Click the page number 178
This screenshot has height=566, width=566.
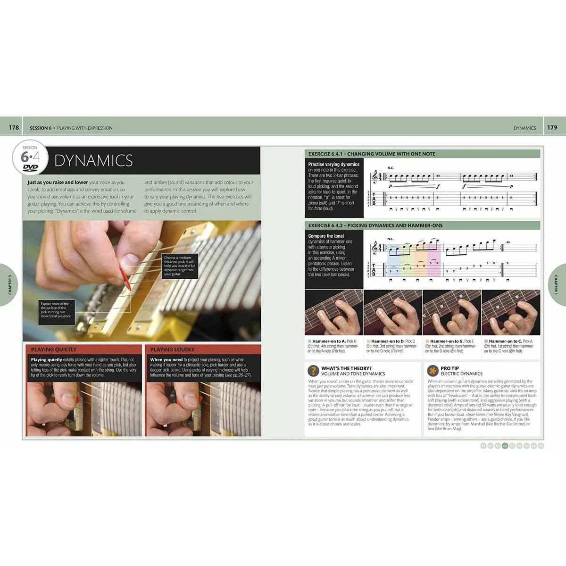14,127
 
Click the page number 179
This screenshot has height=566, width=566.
552,127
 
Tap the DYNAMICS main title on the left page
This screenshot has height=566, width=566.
93,161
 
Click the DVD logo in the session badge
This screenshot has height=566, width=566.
30,167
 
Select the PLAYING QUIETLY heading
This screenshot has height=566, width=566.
53,350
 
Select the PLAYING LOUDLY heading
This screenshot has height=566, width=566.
172,350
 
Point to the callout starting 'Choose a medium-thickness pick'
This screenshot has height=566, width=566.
179,266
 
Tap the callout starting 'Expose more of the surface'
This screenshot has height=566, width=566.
56,310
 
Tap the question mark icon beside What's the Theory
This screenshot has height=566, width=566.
313,371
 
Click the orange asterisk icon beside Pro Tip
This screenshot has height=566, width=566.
432,371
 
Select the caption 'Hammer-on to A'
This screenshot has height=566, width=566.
329,341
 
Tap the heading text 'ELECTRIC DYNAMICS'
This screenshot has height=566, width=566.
461,374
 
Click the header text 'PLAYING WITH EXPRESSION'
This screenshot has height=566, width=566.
85,128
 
